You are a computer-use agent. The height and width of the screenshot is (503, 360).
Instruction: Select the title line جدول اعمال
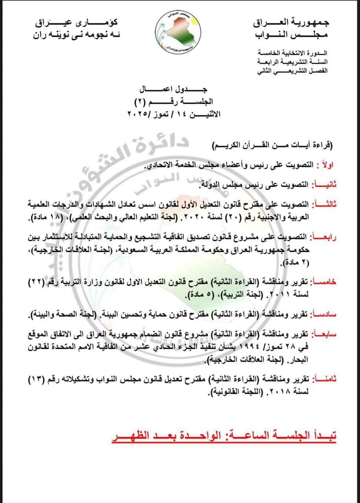[180, 90]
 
